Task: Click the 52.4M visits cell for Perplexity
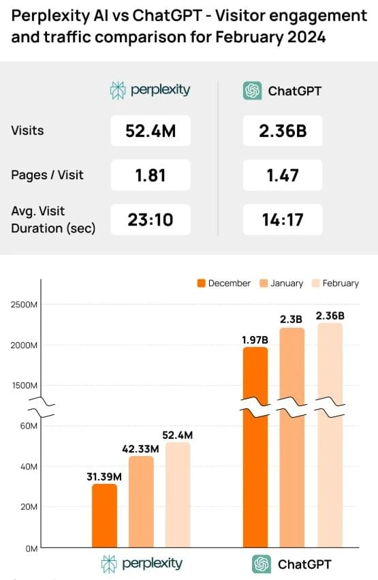pos(151,131)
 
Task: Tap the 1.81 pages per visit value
pos(151,174)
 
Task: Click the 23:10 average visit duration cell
pos(151,219)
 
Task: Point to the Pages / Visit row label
pos(48,174)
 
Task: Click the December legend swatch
pos(202,283)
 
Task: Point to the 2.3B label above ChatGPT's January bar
pos(292,318)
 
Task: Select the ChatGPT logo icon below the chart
pos(261,564)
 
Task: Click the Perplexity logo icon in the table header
pos(119,90)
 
